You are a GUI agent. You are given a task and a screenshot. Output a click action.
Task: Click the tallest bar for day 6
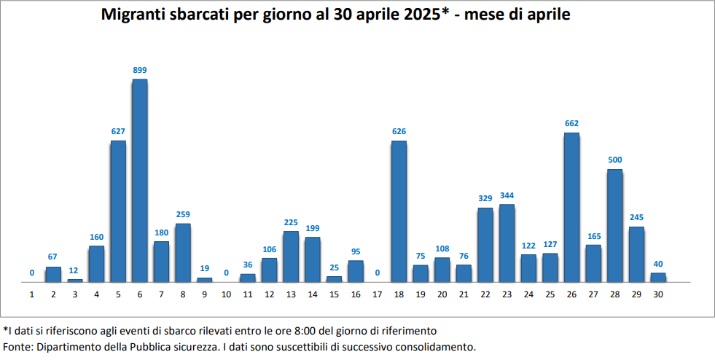140,180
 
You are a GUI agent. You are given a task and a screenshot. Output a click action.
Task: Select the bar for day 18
399,211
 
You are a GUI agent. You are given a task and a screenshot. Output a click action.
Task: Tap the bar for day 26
572,207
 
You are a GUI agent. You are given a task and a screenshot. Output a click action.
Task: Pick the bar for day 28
615,225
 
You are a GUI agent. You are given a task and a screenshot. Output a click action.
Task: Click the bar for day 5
118,211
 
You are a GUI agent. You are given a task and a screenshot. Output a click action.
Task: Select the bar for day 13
291,257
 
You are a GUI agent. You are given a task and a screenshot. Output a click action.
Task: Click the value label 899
140,70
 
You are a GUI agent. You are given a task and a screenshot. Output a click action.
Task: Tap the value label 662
572,123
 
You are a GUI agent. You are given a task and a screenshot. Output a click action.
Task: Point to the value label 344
507,195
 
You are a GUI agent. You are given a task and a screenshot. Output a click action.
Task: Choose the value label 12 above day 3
74,270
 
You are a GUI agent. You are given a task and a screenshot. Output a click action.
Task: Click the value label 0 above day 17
377,273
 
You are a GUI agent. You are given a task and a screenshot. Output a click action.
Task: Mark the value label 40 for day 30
658,264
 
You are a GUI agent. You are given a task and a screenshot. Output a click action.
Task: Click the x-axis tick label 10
226,294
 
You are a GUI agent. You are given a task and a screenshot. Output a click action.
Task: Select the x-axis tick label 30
658,294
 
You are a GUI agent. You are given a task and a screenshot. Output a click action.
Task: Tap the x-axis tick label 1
32,294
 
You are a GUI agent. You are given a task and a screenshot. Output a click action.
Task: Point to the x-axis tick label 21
464,294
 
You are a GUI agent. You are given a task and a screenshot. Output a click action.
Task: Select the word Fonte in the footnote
18,346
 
